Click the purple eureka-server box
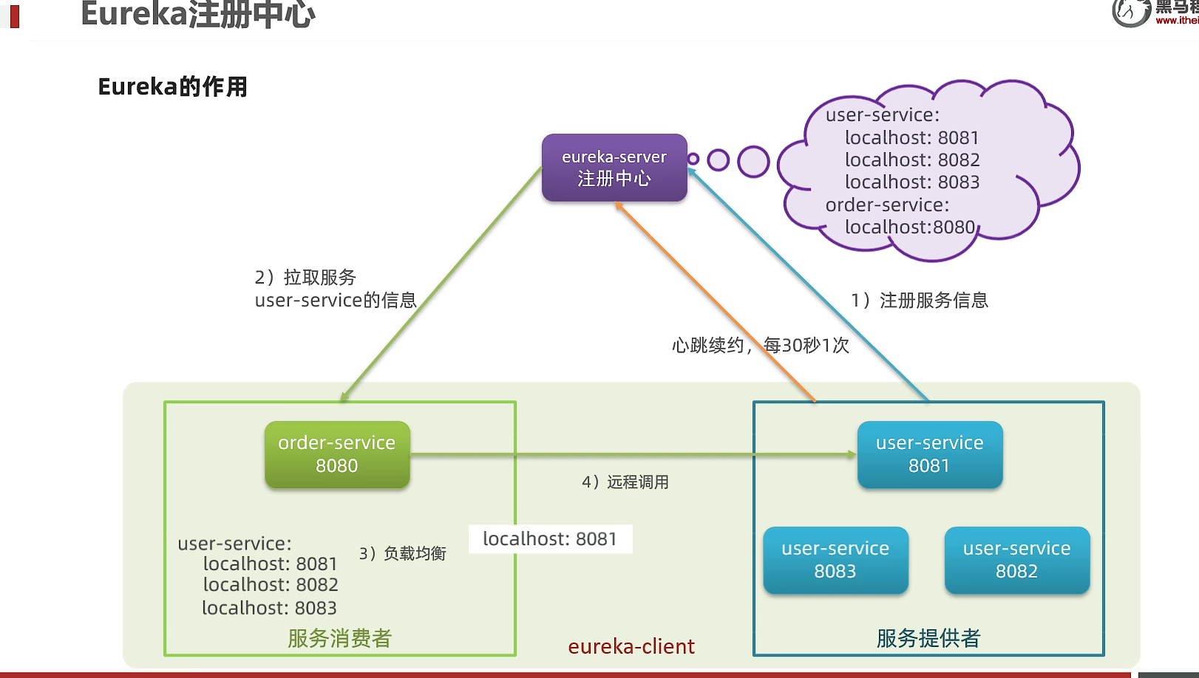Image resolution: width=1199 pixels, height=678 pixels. tap(614, 168)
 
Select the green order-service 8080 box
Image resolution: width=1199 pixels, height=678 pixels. tap(337, 454)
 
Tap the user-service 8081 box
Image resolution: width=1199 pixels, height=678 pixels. tap(930, 454)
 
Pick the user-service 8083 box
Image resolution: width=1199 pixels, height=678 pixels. tap(835, 560)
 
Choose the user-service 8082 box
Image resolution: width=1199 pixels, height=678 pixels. tap(1016, 560)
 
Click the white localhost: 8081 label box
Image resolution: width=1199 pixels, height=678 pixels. tap(550, 539)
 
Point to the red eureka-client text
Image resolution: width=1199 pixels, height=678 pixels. tap(631, 647)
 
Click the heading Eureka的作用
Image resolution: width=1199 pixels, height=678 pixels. tap(173, 87)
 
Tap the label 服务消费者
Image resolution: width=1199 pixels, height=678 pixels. tap(339, 638)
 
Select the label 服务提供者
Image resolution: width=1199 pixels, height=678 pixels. tap(928, 638)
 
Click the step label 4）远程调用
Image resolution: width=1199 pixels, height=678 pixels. tap(625, 482)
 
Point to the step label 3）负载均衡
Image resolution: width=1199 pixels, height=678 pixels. tap(403, 554)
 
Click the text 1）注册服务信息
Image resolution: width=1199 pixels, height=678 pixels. tap(920, 301)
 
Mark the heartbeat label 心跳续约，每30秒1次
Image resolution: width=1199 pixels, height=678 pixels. tap(761, 346)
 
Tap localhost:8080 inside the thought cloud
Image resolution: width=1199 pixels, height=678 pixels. tap(910, 227)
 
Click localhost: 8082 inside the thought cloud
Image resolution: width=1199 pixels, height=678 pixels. tap(912, 160)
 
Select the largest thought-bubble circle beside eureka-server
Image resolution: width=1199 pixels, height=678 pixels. tap(754, 162)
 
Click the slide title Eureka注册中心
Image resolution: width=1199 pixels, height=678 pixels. tap(198, 14)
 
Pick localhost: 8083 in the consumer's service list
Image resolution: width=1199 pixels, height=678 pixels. tap(269, 609)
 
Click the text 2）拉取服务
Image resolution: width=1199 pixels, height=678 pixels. tap(305, 278)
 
